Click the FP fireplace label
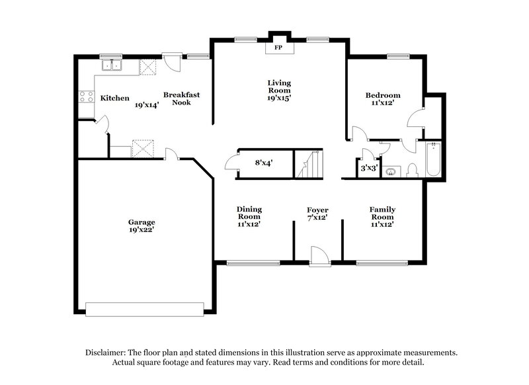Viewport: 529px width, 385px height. (x=278, y=48)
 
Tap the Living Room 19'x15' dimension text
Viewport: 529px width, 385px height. (x=279, y=98)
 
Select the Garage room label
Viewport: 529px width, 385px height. (x=142, y=222)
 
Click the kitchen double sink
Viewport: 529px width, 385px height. (x=112, y=65)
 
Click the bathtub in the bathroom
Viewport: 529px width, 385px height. (x=432, y=161)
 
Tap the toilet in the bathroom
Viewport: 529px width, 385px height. (x=413, y=169)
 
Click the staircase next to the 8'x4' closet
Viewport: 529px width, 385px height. (x=310, y=164)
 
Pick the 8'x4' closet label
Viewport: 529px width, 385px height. (x=255, y=162)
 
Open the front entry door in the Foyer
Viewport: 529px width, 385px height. (x=319, y=256)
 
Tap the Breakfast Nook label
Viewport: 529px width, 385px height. (x=182, y=99)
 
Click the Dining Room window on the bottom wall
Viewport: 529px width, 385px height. (x=252, y=263)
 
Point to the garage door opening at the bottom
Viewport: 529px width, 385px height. (x=144, y=309)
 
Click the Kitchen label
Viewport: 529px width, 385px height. (x=115, y=99)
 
